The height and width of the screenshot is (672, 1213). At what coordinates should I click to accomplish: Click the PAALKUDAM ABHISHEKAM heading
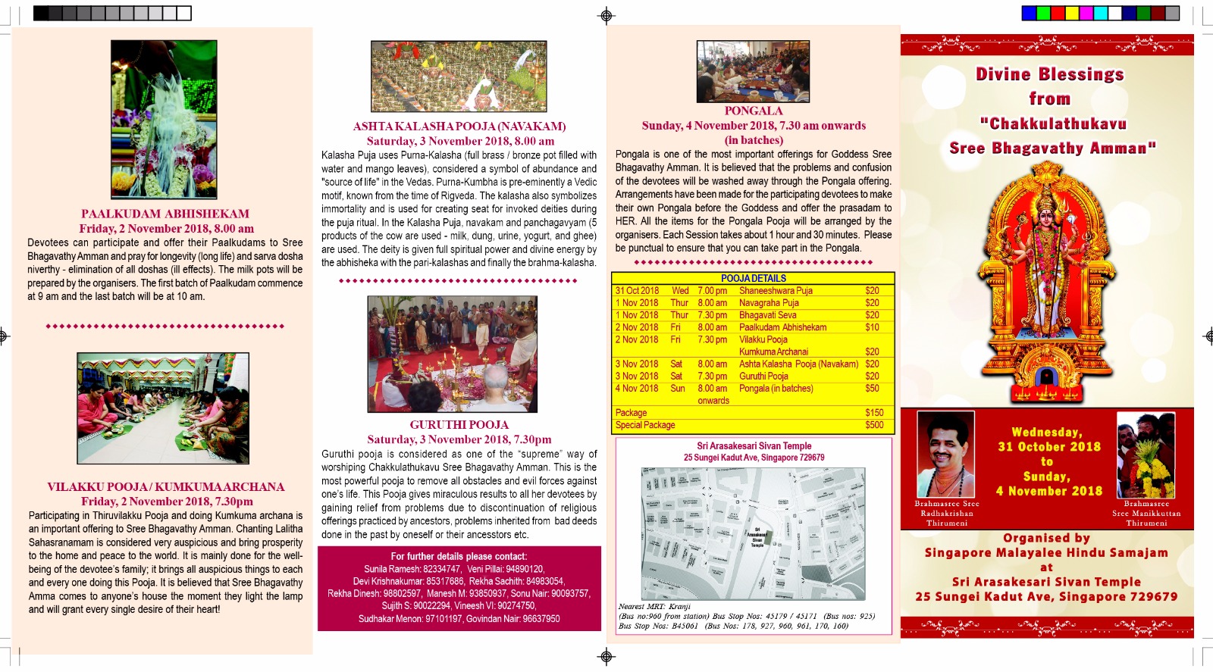pyautogui.click(x=165, y=214)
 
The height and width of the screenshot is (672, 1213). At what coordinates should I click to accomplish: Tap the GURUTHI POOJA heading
pyautogui.click(x=459, y=425)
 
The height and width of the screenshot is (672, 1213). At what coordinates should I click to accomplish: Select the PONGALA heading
pyautogui.click(x=753, y=111)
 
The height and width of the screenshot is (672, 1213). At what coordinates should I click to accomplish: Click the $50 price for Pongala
pyautogui.click(x=872, y=389)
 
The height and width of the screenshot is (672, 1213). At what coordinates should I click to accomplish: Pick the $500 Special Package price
pyautogui.click(x=874, y=425)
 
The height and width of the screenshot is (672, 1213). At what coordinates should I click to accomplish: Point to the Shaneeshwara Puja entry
pyautogui.click(x=776, y=291)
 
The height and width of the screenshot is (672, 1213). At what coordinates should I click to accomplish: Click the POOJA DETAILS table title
pyautogui.click(x=753, y=278)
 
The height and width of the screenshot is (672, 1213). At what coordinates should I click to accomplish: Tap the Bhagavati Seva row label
pyautogui.click(x=767, y=315)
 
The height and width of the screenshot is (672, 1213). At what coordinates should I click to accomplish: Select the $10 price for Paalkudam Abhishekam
pyautogui.click(x=872, y=327)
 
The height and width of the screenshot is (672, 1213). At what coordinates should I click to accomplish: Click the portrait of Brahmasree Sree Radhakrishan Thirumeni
pyautogui.click(x=945, y=454)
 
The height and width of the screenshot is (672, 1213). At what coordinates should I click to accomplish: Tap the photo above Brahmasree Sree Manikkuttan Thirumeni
pyautogui.click(x=1146, y=455)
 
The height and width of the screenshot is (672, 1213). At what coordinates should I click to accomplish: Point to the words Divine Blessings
pyautogui.click(x=1049, y=74)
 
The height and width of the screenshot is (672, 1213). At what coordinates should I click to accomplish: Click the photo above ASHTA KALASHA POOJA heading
pyautogui.click(x=459, y=77)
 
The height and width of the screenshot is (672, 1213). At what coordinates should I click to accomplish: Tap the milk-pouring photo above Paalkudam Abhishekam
pyautogui.click(x=164, y=120)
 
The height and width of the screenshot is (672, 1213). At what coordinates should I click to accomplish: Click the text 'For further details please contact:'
pyautogui.click(x=459, y=556)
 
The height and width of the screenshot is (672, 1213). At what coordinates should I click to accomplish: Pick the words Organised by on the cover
pyautogui.click(x=1046, y=538)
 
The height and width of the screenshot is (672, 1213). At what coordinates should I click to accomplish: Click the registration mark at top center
pyautogui.click(x=606, y=15)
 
